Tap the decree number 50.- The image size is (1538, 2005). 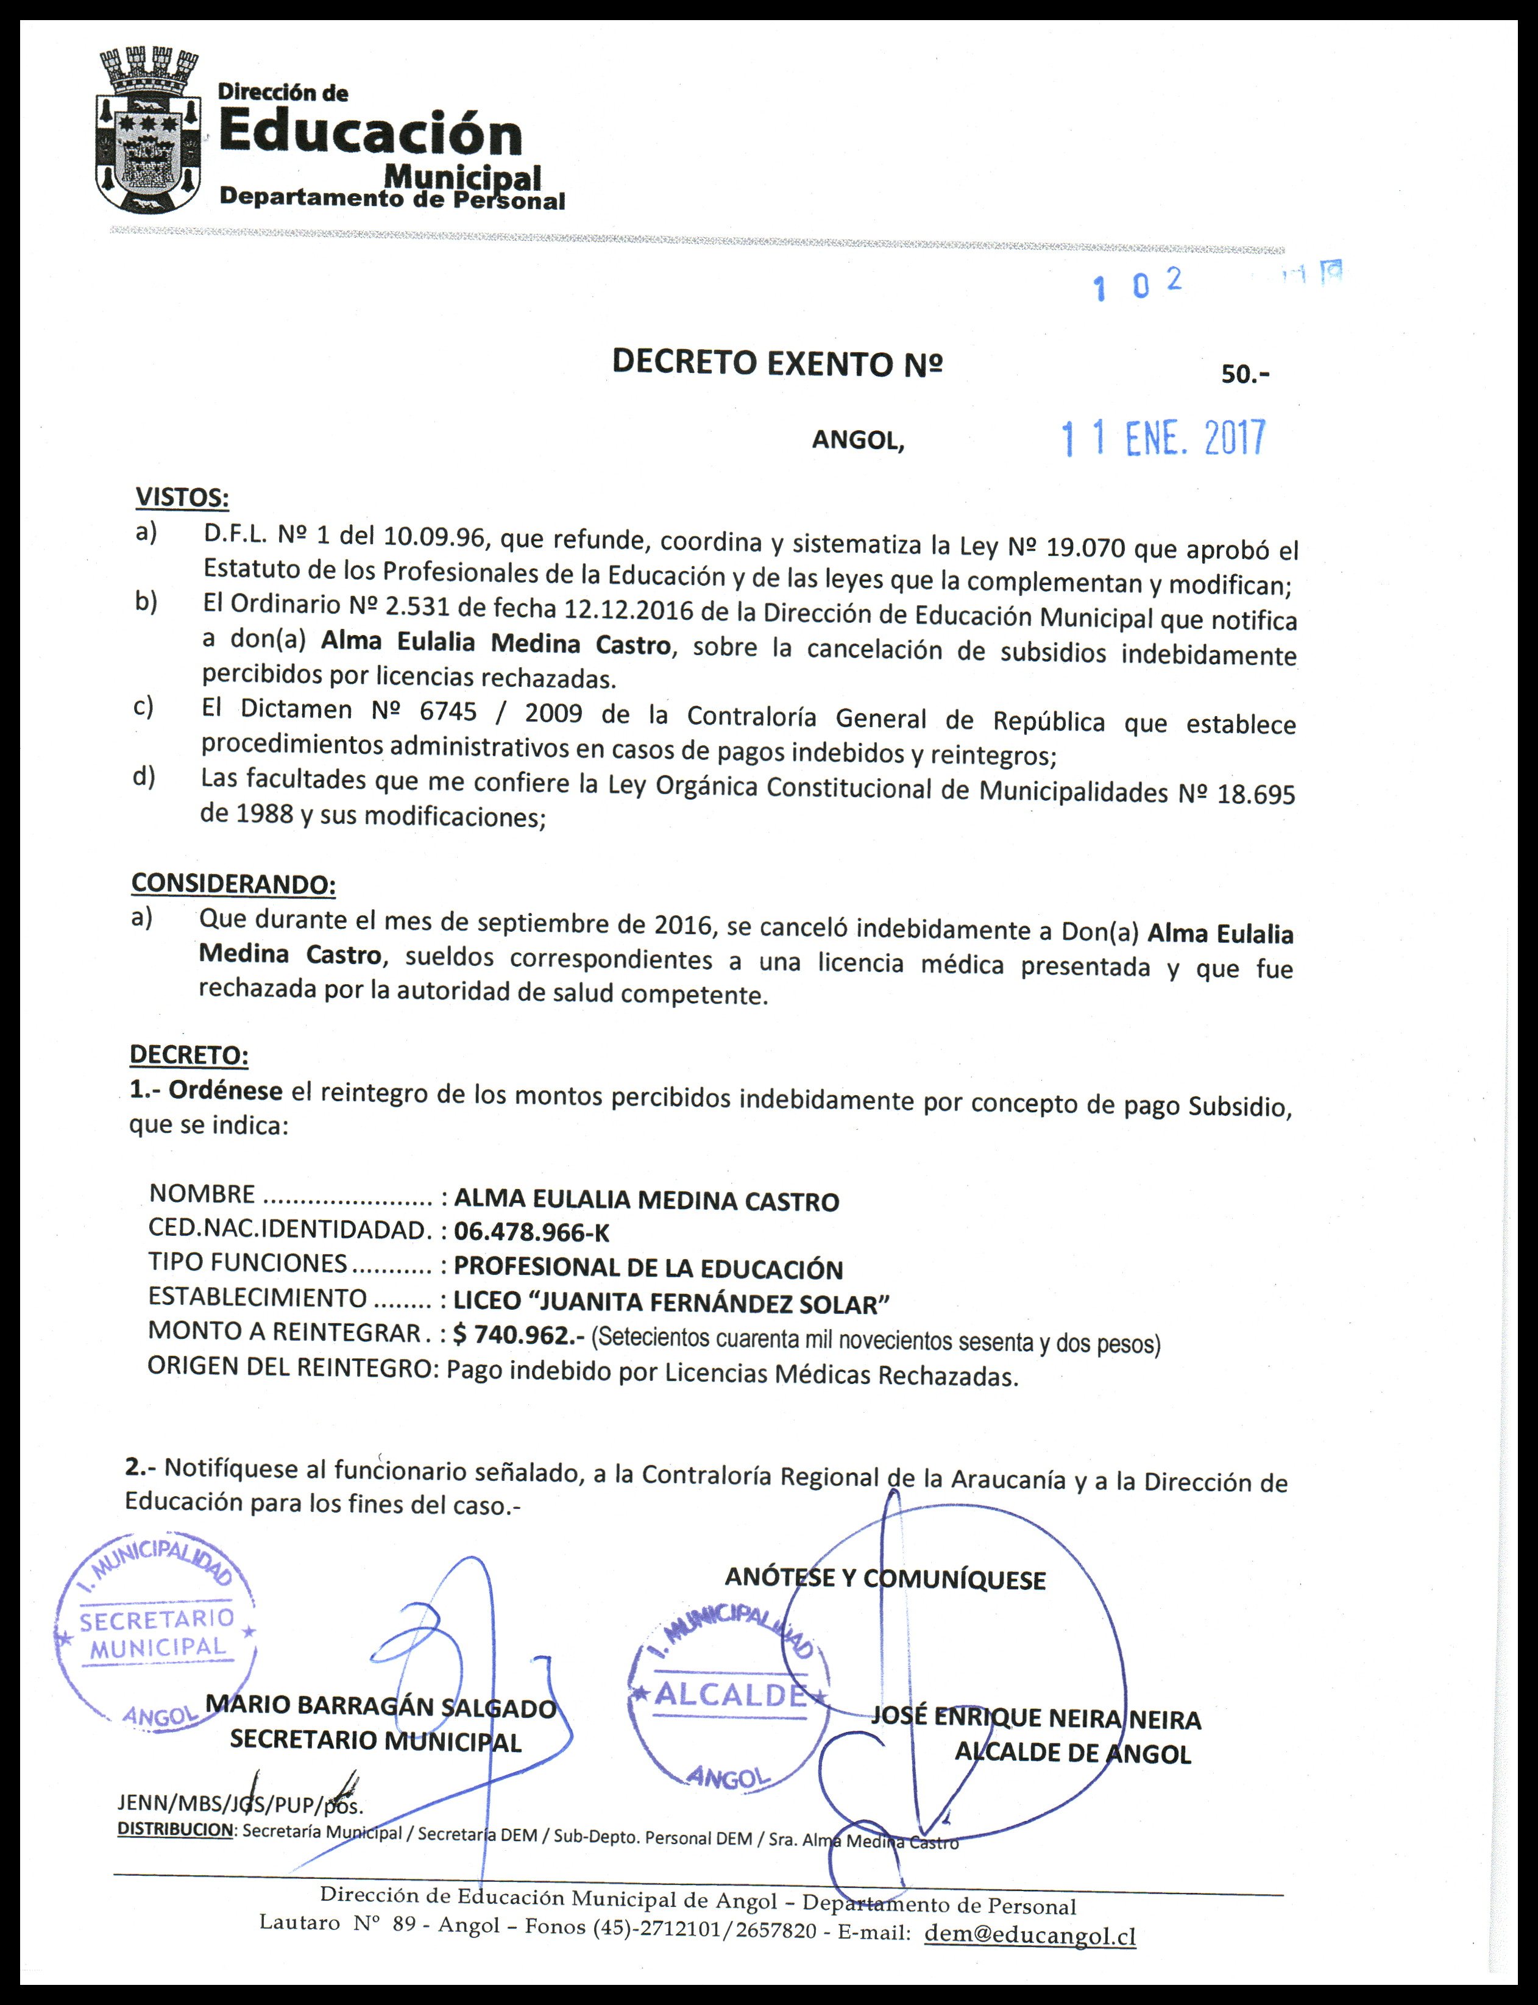click(x=1245, y=374)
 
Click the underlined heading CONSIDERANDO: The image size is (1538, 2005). click(x=233, y=884)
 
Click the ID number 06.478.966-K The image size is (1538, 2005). click(x=531, y=1232)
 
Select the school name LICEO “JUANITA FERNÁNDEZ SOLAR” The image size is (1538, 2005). click(x=672, y=1302)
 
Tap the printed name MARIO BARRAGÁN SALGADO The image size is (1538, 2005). click(x=381, y=1706)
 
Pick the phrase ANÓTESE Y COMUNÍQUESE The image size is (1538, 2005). click(x=884, y=1578)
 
